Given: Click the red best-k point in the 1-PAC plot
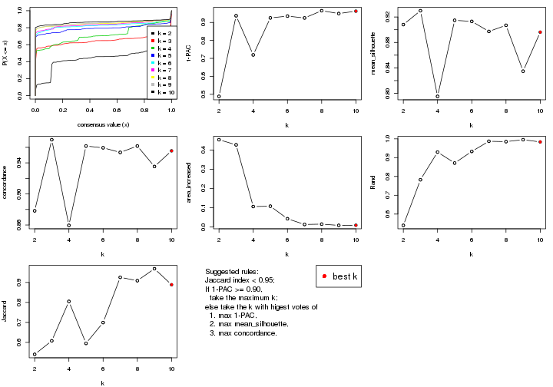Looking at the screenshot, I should [x=356, y=11].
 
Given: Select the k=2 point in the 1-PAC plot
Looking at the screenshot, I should [x=219, y=97].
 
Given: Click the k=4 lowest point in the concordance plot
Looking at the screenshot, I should [x=69, y=225].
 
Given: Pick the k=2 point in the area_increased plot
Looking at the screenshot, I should [x=219, y=140].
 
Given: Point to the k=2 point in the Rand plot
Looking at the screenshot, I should [x=402, y=225].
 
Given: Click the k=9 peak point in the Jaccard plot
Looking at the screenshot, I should [x=154, y=269].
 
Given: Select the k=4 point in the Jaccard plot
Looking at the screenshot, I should [x=69, y=302].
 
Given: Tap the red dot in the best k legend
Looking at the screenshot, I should [x=326, y=276].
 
